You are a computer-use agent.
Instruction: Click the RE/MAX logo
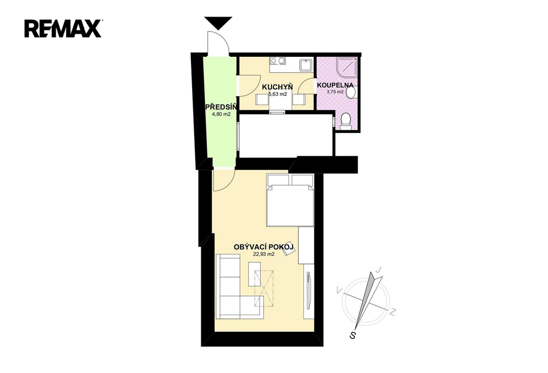63,28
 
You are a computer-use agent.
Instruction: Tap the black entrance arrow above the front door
218,23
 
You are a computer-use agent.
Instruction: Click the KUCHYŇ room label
277,87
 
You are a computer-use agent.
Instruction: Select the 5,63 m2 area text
277,94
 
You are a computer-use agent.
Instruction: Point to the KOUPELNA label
334,85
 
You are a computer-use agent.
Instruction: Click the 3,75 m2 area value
335,92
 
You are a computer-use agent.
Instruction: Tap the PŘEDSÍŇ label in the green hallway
221,107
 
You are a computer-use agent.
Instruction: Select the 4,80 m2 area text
221,114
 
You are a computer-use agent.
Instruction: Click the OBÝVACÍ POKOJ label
264,247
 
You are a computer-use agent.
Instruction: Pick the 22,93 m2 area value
263,254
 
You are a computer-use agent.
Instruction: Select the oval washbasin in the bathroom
351,93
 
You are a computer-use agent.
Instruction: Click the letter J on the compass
378,270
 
